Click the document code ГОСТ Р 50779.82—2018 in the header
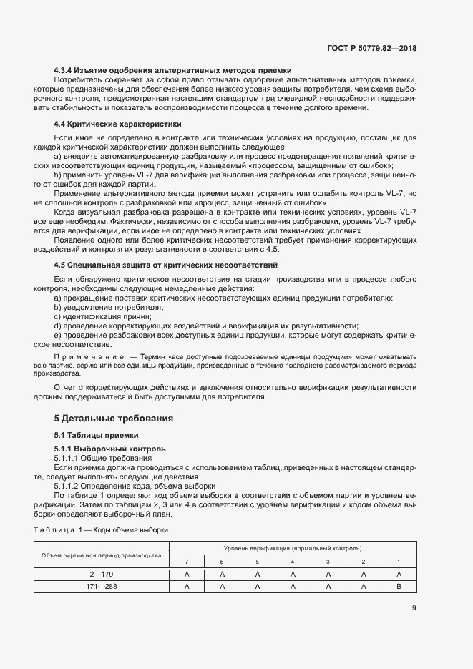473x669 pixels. click(369, 48)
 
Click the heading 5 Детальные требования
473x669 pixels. click(114, 418)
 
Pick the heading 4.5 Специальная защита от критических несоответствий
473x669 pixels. click(166, 265)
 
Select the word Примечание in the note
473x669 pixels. click(85, 356)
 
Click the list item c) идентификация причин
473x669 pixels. click(102, 316)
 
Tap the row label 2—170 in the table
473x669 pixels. click(100, 574)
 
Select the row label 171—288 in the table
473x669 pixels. click(100, 586)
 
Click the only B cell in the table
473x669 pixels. click(399, 586)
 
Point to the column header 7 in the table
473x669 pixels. click(186, 561)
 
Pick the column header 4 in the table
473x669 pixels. click(292, 561)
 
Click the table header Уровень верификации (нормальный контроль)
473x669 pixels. click(292, 547)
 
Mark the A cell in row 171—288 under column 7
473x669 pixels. click(186, 586)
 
